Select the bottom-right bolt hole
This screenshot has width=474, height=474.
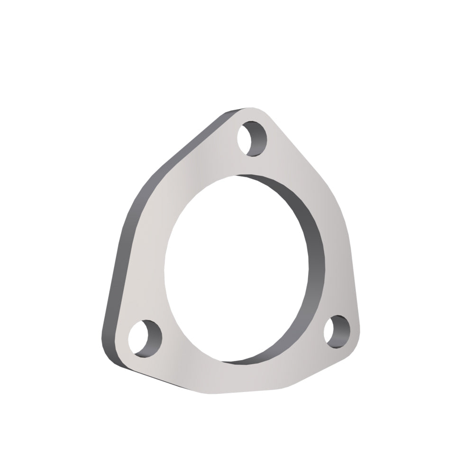tap(337, 330)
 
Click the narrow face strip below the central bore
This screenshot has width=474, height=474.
tap(237, 374)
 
